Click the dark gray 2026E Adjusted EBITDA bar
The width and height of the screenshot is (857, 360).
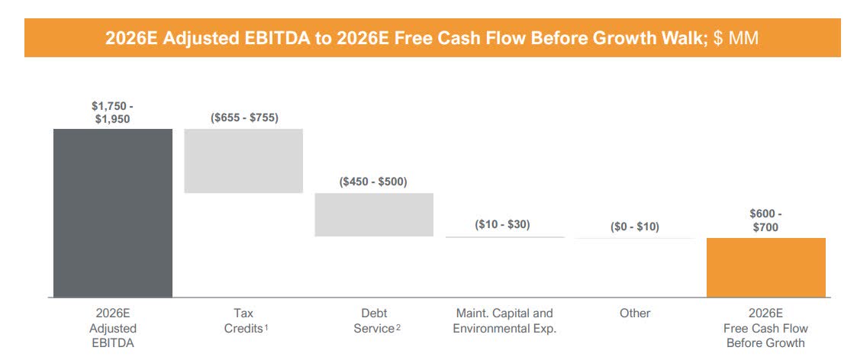click(113, 213)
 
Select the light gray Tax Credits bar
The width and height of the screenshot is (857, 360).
click(243, 161)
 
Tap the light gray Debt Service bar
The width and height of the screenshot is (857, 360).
click(374, 214)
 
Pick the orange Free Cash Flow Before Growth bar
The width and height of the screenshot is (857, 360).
click(765, 268)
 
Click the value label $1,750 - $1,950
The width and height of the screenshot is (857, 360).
click(112, 112)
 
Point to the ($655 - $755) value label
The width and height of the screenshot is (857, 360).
click(244, 117)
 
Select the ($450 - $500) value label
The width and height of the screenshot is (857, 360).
click(373, 182)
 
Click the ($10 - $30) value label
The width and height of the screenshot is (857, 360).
click(502, 224)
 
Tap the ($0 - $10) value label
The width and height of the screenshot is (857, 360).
click(635, 227)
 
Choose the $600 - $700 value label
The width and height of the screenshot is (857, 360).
click(765, 220)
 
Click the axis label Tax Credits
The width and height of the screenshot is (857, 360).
click(244, 320)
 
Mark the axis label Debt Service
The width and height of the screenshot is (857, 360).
click(374, 320)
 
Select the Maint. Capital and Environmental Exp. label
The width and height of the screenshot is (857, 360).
click(504, 320)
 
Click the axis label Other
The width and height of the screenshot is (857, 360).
click(635, 313)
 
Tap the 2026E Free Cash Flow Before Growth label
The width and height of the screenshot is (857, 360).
click(765, 328)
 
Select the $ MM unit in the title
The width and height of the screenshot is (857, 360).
click(736, 38)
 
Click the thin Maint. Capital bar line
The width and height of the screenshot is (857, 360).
click(504, 237)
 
